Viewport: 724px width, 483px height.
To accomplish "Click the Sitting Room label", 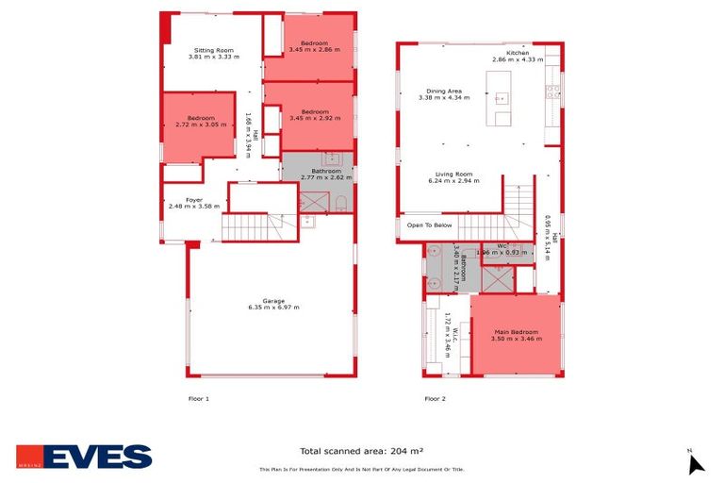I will (214, 53).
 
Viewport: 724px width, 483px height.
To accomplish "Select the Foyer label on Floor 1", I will (193, 203).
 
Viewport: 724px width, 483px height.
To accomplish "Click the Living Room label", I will (453, 176).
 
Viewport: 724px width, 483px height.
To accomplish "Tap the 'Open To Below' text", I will (430, 225).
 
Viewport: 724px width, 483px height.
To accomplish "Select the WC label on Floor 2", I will (502, 248).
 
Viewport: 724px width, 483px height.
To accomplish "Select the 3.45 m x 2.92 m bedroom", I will (314, 115).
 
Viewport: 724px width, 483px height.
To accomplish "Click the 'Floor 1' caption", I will (198, 399).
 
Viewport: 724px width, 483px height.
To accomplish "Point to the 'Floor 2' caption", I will (435, 399).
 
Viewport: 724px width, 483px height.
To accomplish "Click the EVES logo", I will (83, 457).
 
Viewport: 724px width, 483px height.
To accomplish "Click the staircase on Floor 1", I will (253, 227).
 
